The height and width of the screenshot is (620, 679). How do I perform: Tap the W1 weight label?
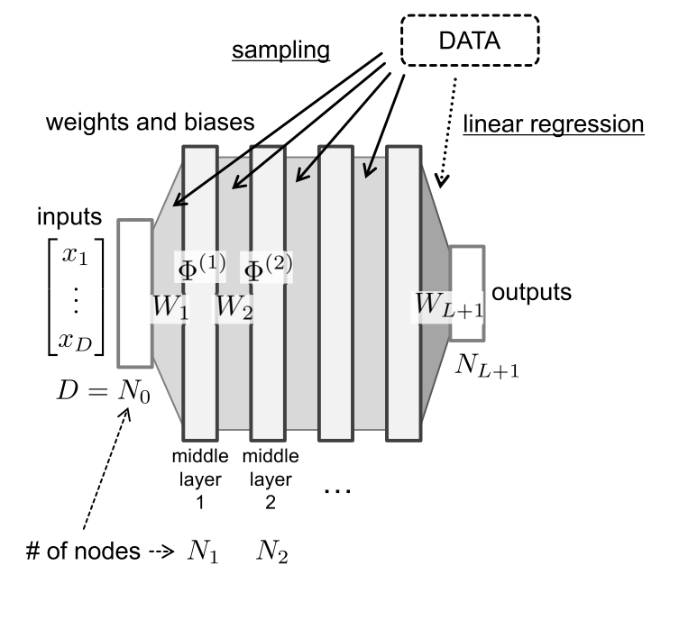click(169, 307)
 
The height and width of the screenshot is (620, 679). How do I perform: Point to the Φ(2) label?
click(267, 267)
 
